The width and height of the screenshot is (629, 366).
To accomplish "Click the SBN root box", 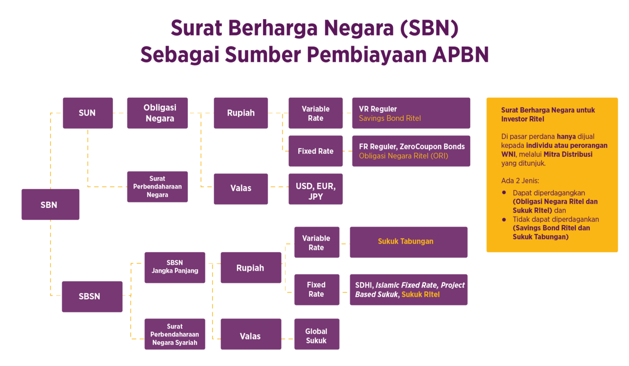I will click(x=50, y=204).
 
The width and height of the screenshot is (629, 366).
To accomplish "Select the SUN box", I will click(x=87, y=113).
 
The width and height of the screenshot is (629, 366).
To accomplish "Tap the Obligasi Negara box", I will click(x=157, y=113).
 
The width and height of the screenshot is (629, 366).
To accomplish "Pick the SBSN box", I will click(x=92, y=296).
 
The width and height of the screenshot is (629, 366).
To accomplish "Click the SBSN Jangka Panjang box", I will click(x=174, y=267).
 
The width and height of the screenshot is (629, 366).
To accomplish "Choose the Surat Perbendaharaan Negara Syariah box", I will click(x=174, y=334).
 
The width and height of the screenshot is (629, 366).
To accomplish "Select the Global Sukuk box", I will click(x=316, y=336).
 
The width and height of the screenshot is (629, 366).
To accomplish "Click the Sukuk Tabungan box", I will click(x=405, y=242).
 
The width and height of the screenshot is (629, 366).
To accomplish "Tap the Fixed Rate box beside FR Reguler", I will click(x=315, y=151).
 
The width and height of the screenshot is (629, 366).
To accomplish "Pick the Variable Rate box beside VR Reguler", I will click(x=315, y=113).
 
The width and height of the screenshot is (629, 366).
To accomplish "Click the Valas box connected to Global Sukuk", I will click(x=251, y=337).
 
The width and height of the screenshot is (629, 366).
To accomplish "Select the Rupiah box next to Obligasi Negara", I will click(x=241, y=113).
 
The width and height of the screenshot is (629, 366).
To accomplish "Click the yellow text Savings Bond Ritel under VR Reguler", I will click(x=390, y=118).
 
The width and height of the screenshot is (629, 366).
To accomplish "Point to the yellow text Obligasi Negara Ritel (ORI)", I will click(x=403, y=156).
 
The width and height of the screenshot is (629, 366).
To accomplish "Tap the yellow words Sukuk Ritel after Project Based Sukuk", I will click(x=421, y=295).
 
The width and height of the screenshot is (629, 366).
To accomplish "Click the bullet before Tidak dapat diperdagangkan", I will click(x=504, y=220).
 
